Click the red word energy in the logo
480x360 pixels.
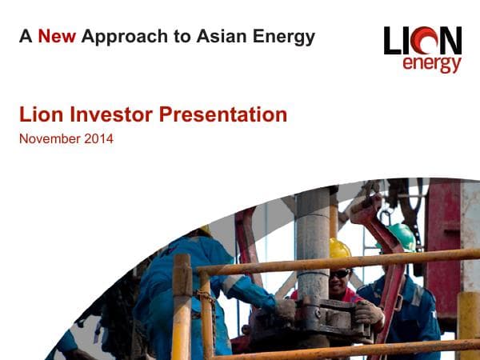[x=431, y=63]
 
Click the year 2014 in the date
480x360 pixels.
[x=98, y=139]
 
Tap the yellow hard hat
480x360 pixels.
[x=340, y=249]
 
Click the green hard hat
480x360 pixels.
[x=402, y=234]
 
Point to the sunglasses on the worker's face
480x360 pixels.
[x=340, y=273]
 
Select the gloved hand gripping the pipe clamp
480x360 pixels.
[x=370, y=311]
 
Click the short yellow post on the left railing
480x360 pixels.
[x=182, y=304]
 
